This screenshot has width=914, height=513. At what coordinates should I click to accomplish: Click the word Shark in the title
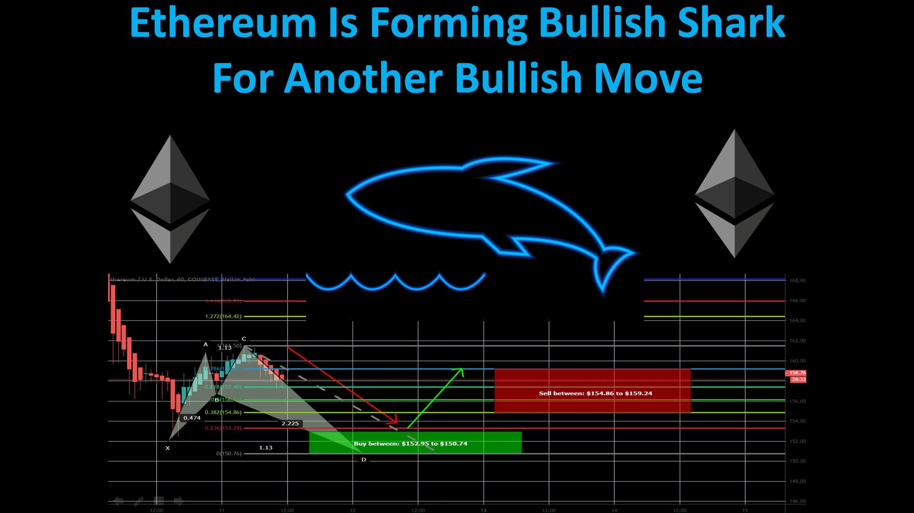click(731, 23)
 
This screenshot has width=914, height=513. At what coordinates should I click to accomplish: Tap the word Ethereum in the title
click(223, 23)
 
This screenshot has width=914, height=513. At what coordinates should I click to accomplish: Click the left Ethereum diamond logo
click(170, 199)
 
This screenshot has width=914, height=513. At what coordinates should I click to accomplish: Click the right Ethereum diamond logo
click(734, 194)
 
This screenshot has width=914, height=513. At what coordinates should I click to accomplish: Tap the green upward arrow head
click(460, 371)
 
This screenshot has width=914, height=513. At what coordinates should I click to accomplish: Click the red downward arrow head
click(394, 420)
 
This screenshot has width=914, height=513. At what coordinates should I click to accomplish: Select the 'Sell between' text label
click(595, 393)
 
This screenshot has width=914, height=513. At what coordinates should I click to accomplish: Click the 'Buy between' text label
click(410, 444)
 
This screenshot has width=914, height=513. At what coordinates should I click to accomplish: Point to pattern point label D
click(364, 460)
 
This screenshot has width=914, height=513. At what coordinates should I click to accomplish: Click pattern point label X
click(168, 448)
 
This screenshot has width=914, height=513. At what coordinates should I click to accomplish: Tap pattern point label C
click(244, 339)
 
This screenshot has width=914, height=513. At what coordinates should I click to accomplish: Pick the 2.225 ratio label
click(290, 423)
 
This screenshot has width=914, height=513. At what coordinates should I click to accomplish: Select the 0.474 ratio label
click(192, 418)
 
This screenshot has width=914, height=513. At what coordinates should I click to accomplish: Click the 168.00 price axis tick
click(797, 280)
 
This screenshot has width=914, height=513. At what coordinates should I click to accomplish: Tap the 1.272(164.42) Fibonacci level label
click(223, 316)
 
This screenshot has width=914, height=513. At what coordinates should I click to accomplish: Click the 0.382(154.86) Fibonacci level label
click(223, 412)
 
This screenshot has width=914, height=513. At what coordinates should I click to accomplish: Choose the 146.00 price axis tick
click(797, 501)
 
